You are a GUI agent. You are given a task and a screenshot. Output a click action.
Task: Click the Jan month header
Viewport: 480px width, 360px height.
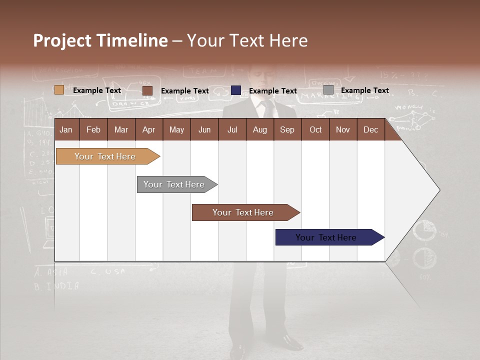[x=66, y=129]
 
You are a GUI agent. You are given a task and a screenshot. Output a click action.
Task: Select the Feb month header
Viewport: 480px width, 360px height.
[x=93, y=129]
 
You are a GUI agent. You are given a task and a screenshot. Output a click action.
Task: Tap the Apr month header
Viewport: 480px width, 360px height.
[x=148, y=129]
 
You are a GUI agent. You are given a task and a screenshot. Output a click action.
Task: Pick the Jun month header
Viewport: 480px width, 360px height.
[x=204, y=129]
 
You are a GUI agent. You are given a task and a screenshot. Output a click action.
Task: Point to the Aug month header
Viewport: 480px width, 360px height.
[x=259, y=129]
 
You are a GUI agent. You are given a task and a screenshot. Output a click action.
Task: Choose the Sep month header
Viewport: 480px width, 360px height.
[x=287, y=129]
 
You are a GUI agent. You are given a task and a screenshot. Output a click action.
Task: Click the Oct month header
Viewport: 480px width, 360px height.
[x=315, y=129]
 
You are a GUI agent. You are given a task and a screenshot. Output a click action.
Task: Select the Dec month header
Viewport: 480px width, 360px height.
[x=370, y=129]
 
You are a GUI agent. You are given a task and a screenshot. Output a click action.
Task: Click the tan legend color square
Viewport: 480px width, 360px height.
[x=59, y=90]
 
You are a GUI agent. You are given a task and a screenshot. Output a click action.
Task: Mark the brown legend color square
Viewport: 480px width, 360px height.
[x=147, y=90]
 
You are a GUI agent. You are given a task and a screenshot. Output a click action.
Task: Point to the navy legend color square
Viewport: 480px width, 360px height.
[x=236, y=90]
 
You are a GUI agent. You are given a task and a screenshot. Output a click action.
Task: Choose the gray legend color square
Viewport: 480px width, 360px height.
[x=328, y=90]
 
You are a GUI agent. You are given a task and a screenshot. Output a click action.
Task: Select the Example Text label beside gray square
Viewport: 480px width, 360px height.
[x=364, y=90]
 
